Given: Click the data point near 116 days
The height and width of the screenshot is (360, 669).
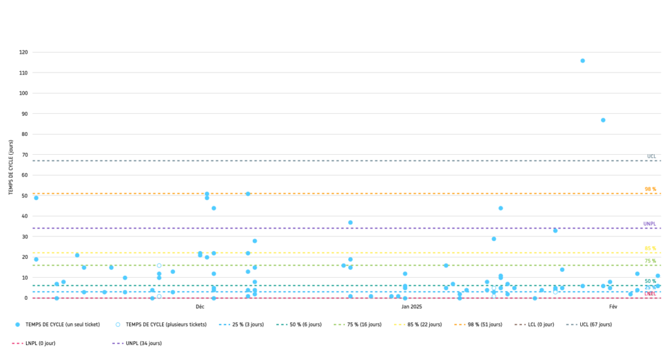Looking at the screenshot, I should pos(582,61).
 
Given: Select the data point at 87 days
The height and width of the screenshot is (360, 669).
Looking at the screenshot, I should pos(603,120).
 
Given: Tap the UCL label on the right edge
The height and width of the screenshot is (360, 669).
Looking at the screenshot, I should pos(651,157).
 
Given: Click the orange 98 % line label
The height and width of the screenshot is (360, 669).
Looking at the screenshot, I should pos(650,189).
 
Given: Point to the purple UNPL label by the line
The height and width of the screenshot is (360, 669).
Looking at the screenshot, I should pos(649,224).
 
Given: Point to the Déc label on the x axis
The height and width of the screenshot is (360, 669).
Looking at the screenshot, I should pos(200,306).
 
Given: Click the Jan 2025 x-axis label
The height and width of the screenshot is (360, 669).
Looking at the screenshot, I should pos(412,306).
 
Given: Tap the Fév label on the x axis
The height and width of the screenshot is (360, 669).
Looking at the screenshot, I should pos(613,306).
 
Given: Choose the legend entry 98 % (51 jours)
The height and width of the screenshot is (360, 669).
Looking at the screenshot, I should pos(481,325).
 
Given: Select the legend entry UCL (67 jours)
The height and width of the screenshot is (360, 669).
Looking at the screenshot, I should pos(595,325).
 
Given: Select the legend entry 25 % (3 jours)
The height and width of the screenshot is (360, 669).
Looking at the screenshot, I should pos(245,325).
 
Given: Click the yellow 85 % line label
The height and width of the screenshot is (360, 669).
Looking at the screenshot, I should pos(650,249).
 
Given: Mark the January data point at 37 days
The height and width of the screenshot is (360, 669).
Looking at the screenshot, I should pos(350,223).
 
